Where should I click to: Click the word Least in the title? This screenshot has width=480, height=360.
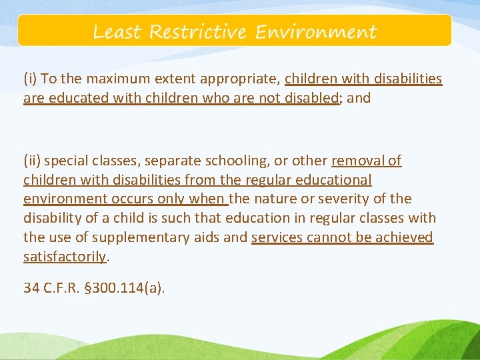[x=118, y=32]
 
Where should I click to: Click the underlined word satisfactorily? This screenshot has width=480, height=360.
[x=65, y=257]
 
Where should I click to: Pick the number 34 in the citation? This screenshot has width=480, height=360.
[x=31, y=289]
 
